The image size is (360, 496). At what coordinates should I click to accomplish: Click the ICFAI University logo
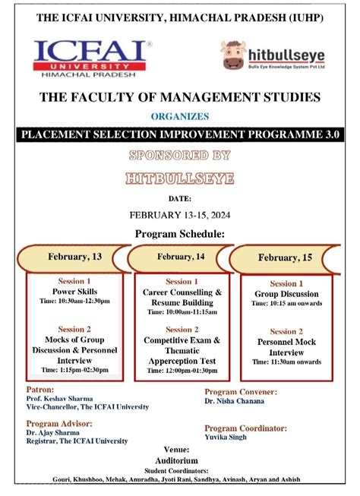[x=92, y=58]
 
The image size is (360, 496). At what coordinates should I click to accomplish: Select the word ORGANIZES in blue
[x=180, y=117]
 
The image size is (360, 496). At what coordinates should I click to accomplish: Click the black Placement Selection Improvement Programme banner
[x=180, y=134]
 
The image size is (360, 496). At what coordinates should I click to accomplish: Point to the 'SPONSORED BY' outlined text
[x=180, y=156]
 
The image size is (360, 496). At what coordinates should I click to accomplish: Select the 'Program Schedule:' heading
[x=180, y=233]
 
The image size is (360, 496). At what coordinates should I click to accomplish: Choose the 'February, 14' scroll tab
[x=181, y=257]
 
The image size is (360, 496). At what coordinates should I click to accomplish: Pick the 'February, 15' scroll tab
[x=285, y=257]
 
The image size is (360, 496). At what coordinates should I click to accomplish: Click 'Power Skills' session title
[x=74, y=292]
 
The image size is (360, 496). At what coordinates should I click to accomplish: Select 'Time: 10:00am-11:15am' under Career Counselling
[x=182, y=311]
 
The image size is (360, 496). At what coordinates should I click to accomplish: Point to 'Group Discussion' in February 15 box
[x=286, y=294]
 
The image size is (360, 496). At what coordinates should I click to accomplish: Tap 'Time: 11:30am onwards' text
[x=286, y=362]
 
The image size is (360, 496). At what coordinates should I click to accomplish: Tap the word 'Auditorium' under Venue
[x=179, y=460]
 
